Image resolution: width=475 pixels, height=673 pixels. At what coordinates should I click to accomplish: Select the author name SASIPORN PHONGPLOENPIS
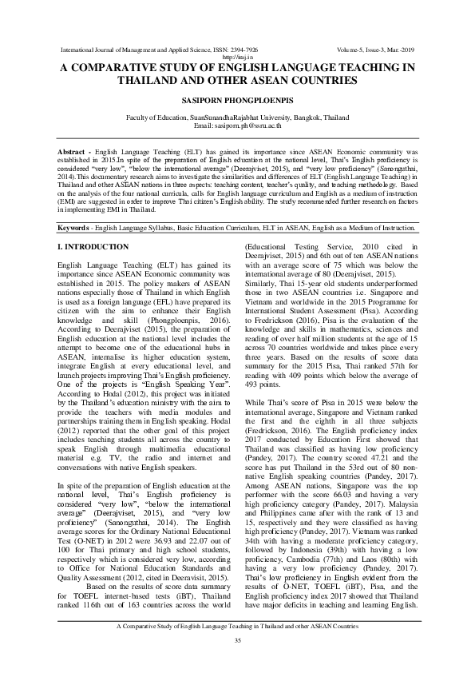tap(237, 99)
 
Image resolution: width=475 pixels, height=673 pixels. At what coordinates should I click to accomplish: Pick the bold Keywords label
tap(81, 228)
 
